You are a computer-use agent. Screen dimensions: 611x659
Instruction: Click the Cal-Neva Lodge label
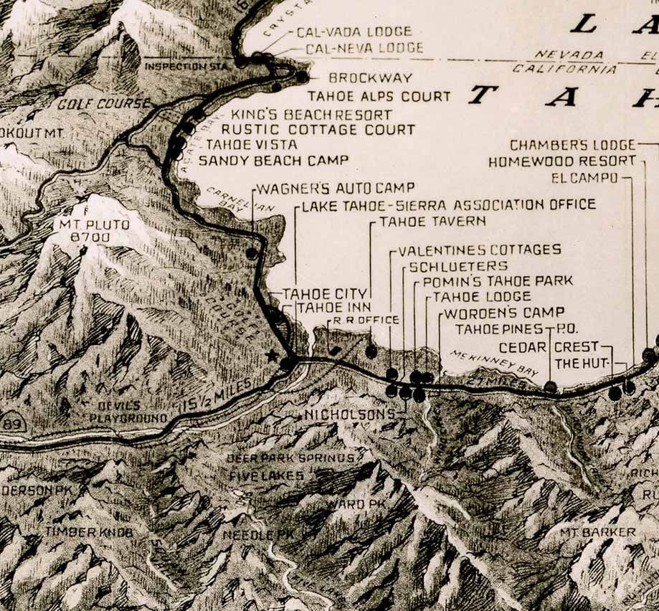tap(364, 49)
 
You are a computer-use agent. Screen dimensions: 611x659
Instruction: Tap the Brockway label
tap(370, 77)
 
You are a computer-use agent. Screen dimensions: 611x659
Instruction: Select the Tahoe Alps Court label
tap(379, 96)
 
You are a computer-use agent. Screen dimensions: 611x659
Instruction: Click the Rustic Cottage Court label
tap(318, 130)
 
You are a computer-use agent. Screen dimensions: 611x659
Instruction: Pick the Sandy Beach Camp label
tap(273, 160)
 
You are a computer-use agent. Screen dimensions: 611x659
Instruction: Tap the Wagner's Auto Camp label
tap(335, 189)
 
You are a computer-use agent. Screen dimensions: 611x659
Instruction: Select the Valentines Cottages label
tap(479, 250)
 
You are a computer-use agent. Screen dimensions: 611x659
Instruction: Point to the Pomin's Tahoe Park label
tap(498, 281)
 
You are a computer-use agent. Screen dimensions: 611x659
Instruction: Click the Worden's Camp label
tap(504, 313)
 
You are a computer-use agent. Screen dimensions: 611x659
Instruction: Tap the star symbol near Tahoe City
tap(271, 355)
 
